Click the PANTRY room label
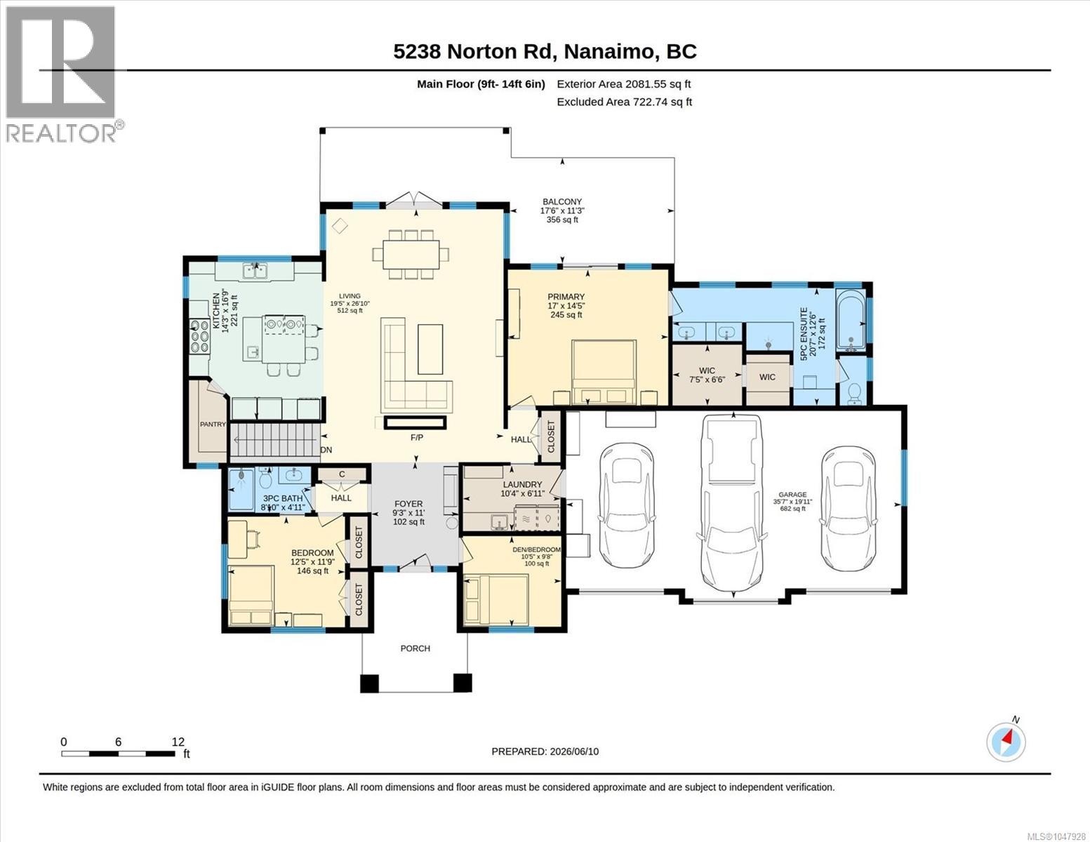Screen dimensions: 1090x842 (213, 424)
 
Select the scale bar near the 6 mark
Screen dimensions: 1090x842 (119, 754)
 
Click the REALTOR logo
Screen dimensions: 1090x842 (62, 74)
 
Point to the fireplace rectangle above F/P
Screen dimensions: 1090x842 (415, 423)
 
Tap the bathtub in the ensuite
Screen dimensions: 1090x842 (851, 321)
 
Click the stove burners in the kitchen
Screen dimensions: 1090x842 (199, 336)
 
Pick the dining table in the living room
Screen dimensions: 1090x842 (411, 254)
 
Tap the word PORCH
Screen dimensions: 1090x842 (416, 648)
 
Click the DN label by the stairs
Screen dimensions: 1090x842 (326, 450)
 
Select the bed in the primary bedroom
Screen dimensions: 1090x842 (604, 372)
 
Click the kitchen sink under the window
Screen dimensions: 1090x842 (255, 271)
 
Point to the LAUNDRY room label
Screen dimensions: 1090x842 (523, 484)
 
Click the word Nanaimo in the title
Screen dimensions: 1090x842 (611, 52)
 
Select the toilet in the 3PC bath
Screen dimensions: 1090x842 (266, 479)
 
